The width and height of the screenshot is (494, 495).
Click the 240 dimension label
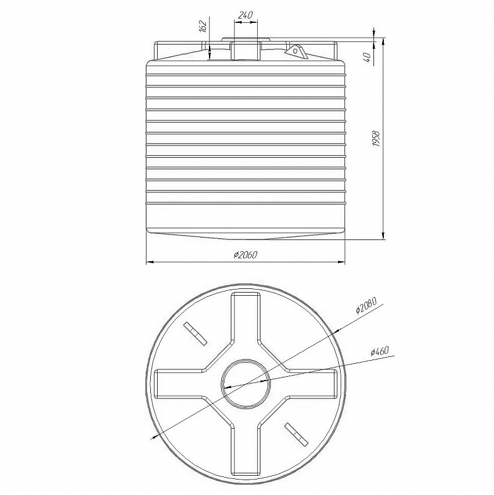[245, 15]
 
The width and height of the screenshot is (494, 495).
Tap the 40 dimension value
[367, 58]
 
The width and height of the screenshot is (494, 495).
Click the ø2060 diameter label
[245, 255]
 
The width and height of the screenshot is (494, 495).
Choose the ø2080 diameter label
[366, 305]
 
